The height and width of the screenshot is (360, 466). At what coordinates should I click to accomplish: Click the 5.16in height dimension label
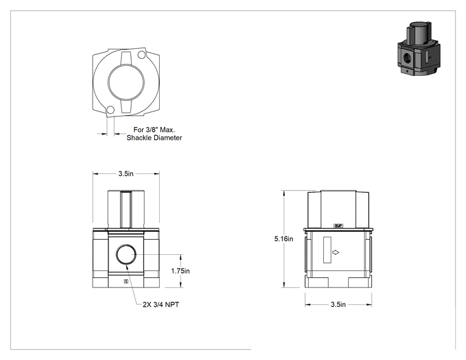[284, 239]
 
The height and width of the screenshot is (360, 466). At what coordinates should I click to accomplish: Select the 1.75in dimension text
[180, 271]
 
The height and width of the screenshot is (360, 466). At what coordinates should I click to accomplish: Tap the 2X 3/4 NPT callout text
[161, 304]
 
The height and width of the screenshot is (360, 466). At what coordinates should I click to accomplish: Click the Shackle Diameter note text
[154, 138]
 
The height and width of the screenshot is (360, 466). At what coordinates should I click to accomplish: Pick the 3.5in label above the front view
[126, 174]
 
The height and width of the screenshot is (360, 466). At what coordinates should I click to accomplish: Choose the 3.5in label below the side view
[338, 304]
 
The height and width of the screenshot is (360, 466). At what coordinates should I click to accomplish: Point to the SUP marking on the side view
[338, 226]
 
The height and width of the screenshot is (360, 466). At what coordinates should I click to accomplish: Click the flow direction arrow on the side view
[336, 252]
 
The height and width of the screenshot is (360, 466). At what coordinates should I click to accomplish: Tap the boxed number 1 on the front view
[126, 281]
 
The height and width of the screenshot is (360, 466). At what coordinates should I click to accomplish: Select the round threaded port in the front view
[126, 255]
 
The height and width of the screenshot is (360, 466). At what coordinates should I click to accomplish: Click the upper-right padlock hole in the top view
[142, 54]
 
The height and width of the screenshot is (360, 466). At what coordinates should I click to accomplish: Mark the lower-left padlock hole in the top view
[110, 110]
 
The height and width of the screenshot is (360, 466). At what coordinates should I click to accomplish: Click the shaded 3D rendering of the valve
[419, 48]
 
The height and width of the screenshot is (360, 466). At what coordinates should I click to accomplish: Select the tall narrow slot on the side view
[327, 250]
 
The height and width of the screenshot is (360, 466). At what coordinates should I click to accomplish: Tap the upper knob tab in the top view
[126, 58]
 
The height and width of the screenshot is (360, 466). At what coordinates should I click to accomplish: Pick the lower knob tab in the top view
[126, 106]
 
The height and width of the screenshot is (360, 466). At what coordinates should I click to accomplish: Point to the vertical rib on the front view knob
[126, 210]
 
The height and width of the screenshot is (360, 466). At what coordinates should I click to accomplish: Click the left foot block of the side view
[317, 282]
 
